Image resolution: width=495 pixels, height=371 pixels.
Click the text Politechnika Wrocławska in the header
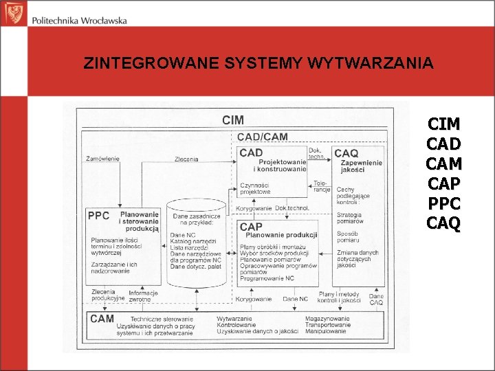click(x=79, y=21)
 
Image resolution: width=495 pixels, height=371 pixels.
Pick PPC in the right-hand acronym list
click(x=444, y=205)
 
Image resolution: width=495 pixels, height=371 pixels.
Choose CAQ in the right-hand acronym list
click(x=444, y=225)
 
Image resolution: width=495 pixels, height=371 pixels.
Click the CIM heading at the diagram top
click(x=233, y=120)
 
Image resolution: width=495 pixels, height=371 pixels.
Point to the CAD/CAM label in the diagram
click(x=263, y=137)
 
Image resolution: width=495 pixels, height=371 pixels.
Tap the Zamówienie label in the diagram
click(x=102, y=159)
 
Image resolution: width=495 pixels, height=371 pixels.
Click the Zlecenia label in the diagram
click(x=186, y=159)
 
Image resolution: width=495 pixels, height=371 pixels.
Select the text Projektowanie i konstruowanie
click(x=280, y=165)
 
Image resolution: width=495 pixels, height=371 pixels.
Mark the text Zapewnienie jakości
click(x=361, y=166)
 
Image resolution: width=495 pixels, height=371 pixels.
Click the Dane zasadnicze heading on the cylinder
click(x=195, y=219)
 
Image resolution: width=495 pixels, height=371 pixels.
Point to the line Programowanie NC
click(x=267, y=278)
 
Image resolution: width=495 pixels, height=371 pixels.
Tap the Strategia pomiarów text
click(x=350, y=218)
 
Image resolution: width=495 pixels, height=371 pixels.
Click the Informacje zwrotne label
click(x=143, y=296)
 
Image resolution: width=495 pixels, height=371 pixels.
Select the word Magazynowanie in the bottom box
click(x=328, y=319)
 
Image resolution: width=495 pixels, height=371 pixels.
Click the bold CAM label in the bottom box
click(x=102, y=319)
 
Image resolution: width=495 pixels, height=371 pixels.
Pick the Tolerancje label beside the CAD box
click(x=321, y=186)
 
